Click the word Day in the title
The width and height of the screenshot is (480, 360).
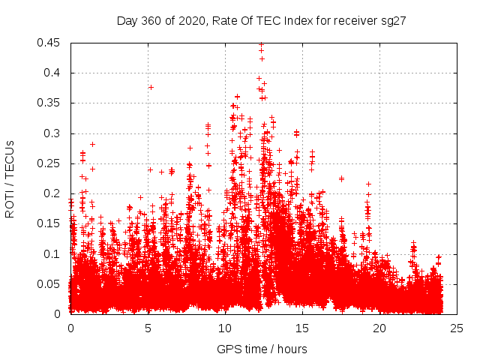point(127,21)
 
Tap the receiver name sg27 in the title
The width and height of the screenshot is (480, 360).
point(394,21)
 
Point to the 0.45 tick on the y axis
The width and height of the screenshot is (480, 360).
point(51,43)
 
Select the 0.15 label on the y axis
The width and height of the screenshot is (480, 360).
point(51,223)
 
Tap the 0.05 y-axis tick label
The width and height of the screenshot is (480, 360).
point(51,283)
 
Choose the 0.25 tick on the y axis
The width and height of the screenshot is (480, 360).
point(51,163)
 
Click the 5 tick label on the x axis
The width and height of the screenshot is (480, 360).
point(148,328)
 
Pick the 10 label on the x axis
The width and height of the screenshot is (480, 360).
point(225,328)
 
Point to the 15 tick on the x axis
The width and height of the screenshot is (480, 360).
point(302,328)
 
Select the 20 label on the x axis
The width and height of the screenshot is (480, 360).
point(379,328)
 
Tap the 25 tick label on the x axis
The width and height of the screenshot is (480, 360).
point(457,328)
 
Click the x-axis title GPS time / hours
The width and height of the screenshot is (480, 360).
point(262,349)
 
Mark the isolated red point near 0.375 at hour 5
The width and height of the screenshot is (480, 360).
point(151,87)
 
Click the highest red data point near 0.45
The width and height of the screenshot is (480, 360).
point(261,43)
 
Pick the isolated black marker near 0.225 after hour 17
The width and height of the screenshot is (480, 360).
point(341,178)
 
